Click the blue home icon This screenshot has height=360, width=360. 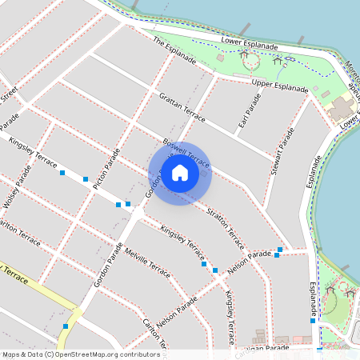click(x=180, y=173)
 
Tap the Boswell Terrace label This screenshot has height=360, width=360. click(x=186, y=152)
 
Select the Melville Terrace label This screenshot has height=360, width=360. click(x=148, y=263)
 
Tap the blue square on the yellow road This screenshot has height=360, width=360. click(x=66, y=326)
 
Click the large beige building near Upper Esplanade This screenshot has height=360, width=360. click(x=343, y=108)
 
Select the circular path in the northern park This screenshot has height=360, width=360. click(x=251, y=61)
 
